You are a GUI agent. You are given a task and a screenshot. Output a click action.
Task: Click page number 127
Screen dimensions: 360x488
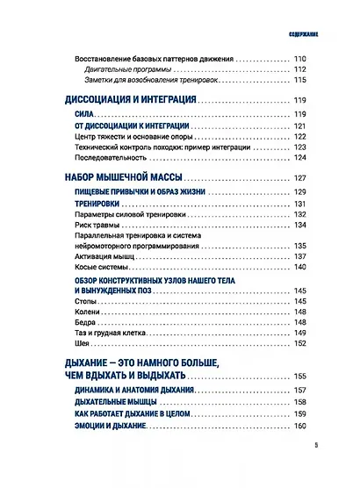(305, 179)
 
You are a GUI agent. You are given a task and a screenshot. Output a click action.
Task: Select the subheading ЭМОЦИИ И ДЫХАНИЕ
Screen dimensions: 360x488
(109, 425)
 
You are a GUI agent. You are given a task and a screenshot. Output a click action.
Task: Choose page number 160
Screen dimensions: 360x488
(305, 425)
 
